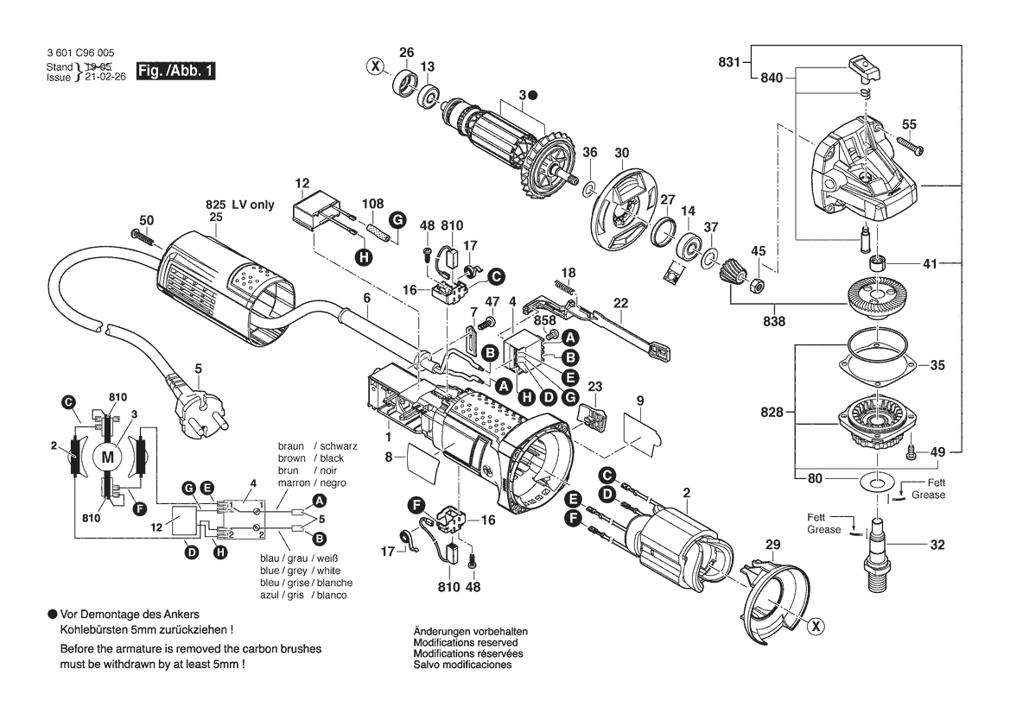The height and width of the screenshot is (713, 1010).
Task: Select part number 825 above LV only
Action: [x=214, y=205]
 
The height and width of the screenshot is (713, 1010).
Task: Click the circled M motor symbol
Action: [x=109, y=457]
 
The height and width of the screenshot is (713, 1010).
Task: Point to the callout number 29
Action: [x=772, y=545]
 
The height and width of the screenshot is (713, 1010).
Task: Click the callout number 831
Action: [x=729, y=61]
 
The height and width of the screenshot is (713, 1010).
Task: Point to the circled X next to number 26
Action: [x=374, y=66]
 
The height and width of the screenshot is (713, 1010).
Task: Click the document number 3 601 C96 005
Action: [x=81, y=54]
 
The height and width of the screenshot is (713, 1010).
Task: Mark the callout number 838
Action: [x=773, y=321]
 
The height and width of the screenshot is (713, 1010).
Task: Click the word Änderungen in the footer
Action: [x=441, y=631]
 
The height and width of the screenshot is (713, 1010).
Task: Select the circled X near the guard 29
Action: [x=814, y=627]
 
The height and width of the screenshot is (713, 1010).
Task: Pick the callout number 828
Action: [x=772, y=413]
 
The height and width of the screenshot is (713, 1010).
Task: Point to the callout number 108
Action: [x=372, y=205]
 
